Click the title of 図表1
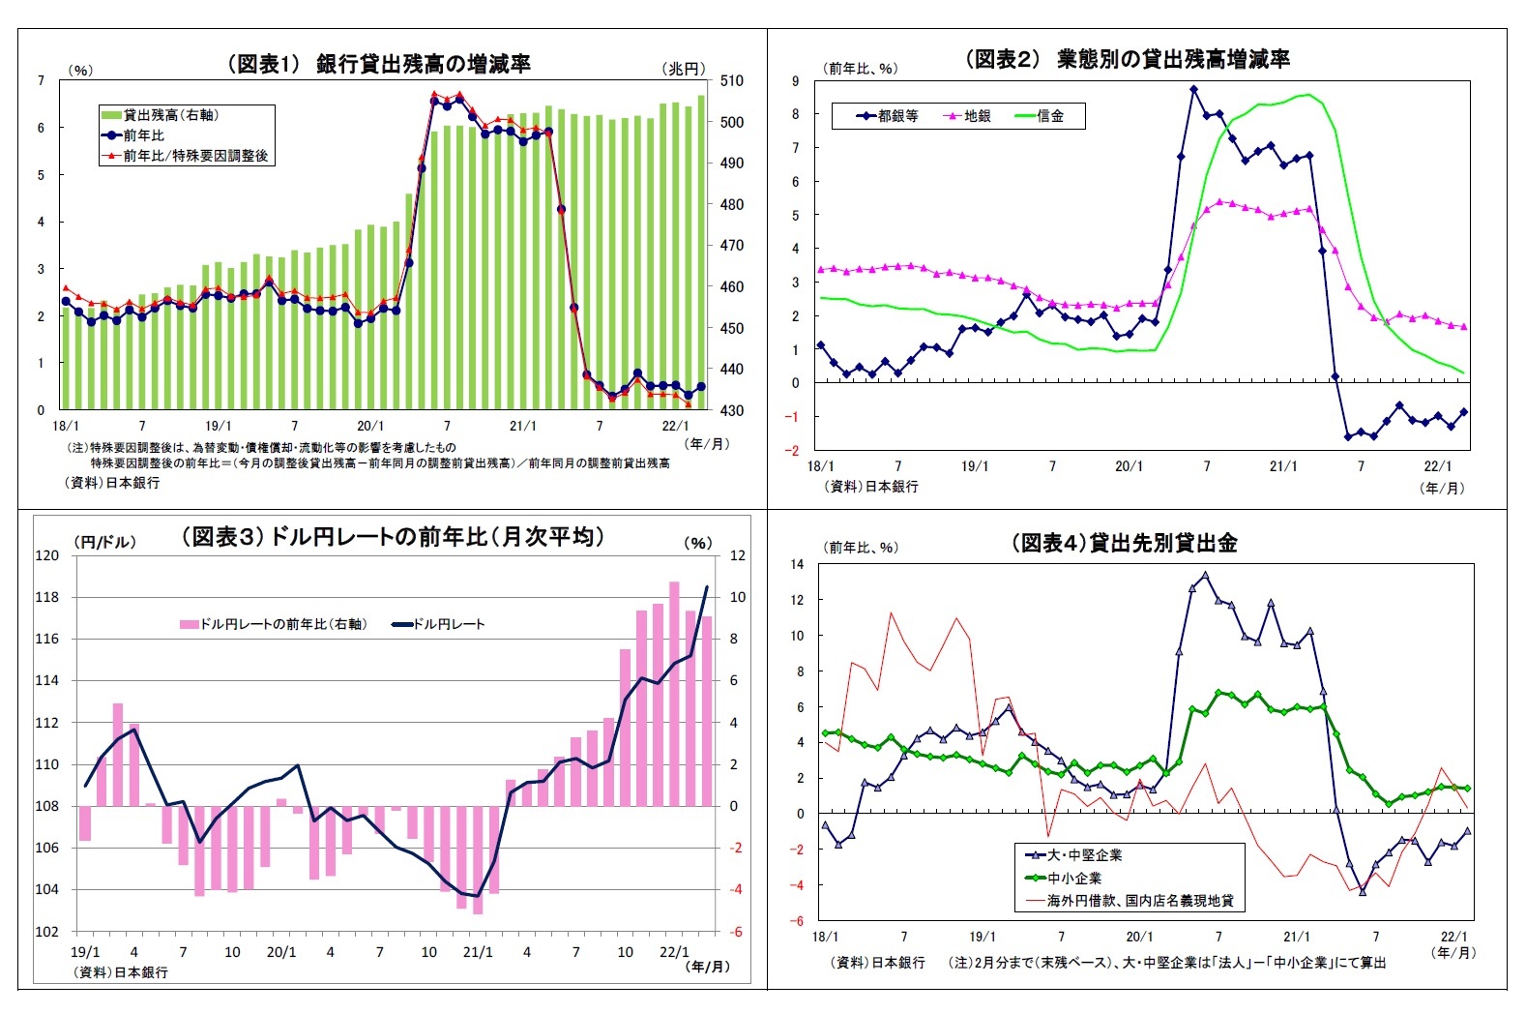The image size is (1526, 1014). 378,64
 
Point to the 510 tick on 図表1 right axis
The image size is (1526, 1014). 732,81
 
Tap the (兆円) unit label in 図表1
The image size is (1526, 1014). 684,69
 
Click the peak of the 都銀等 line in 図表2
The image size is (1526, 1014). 1193,89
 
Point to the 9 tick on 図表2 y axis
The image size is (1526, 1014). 796,81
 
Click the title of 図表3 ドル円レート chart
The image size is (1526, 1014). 393,537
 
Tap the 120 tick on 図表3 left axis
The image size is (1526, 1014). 47,555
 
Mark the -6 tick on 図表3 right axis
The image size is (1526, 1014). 736,932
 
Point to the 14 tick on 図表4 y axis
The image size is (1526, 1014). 797,564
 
